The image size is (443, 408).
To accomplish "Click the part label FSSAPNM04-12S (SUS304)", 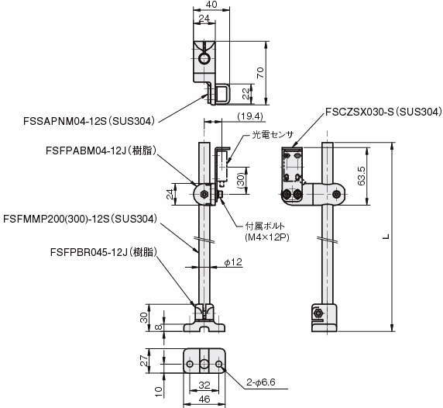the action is tap(90, 121).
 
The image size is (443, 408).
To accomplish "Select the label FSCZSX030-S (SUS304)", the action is tap(384, 112).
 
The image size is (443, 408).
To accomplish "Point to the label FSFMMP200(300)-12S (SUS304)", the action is tap(80, 219).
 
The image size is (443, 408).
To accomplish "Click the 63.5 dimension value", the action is tap(362, 176).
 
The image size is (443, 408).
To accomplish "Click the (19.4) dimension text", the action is tap(250, 116).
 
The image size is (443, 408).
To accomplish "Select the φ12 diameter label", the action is tap(233, 262).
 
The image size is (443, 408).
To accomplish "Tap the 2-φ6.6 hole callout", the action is tap(261, 382).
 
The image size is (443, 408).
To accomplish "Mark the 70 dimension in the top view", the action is tap(260, 73).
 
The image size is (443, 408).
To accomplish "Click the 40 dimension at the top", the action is tap(211, 4).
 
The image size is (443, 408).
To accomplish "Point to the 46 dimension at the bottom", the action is tap(204, 399).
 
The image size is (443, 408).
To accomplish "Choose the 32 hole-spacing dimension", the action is tap(204, 385).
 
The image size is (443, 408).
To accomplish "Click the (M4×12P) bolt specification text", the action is tap(267, 238).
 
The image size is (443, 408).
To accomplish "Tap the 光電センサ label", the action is tap(273, 134).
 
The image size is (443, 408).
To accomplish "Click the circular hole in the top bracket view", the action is tap(204, 58).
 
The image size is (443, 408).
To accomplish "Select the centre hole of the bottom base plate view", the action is tap(204, 364).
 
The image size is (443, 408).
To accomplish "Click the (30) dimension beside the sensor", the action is tap(242, 181).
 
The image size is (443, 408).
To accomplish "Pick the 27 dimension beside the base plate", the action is tap(144, 361).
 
